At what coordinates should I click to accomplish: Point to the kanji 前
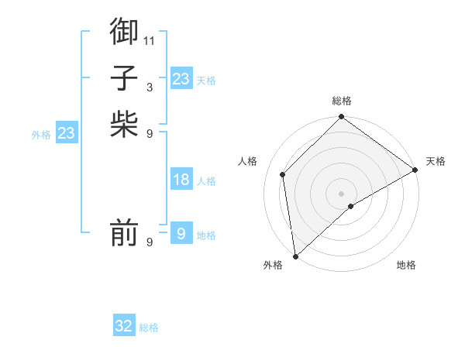click(x=124, y=232)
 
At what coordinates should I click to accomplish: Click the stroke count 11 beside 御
click(x=150, y=40)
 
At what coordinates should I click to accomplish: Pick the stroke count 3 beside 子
click(x=150, y=87)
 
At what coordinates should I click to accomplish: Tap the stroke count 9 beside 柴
click(x=150, y=133)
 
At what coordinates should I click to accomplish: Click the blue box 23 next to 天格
click(x=181, y=79)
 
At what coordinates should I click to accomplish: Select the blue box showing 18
click(x=181, y=180)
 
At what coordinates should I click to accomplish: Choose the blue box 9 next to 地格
click(x=181, y=233)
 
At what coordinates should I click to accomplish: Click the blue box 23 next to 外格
click(x=67, y=133)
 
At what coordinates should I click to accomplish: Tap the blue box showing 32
click(x=124, y=326)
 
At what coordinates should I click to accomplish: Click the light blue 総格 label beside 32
click(x=149, y=328)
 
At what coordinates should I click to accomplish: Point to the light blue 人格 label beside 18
click(x=206, y=181)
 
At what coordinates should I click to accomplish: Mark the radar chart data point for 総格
click(x=341, y=118)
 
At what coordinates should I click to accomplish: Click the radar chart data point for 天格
click(x=415, y=170)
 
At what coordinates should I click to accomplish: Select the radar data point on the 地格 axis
click(x=351, y=206)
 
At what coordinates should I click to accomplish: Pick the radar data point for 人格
click(x=283, y=174)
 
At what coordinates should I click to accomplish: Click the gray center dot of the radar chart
click(x=341, y=193)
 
